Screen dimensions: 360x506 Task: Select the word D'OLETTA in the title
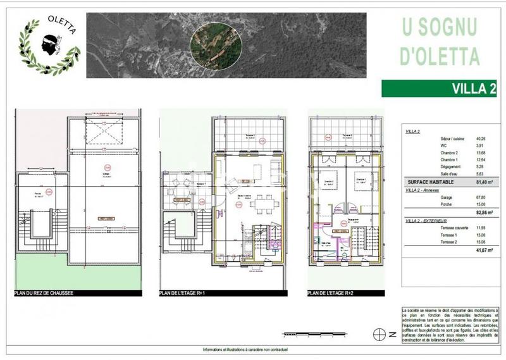point(440,56)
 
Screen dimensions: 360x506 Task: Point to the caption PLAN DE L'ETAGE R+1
point(188,294)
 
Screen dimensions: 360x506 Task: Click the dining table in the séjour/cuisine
point(260,204)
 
